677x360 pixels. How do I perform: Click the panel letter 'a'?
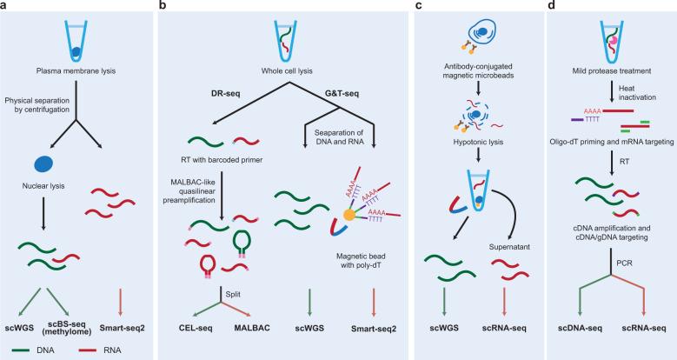(x=5, y=6)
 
